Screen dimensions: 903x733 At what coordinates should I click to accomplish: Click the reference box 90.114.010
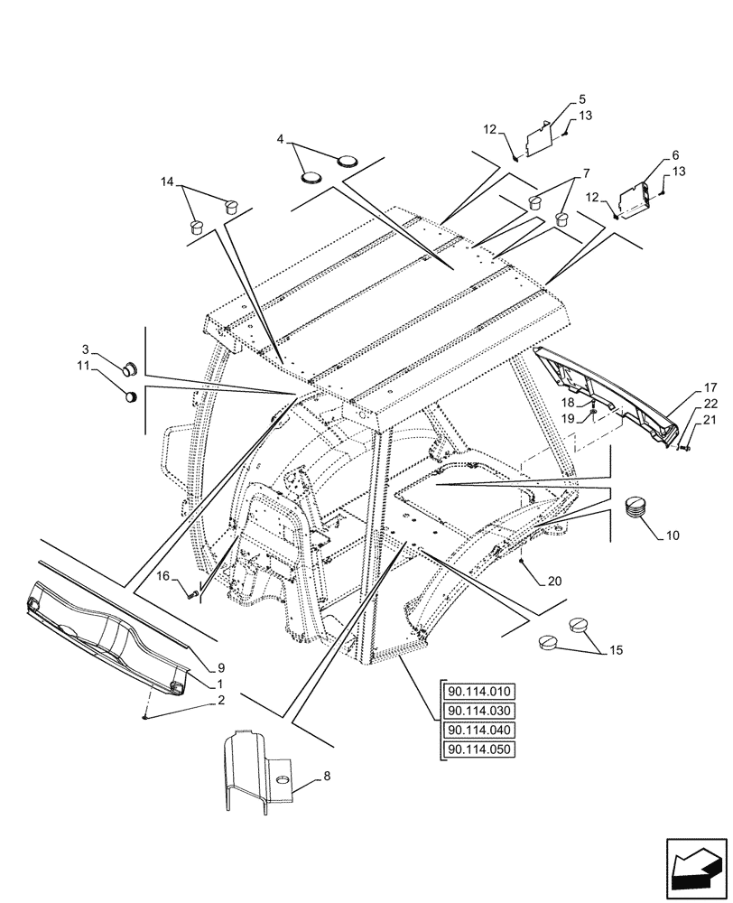478,693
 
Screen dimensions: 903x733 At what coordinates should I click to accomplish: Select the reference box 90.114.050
478,750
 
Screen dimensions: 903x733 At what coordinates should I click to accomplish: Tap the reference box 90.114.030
478,712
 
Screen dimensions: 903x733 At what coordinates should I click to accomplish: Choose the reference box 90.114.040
478,731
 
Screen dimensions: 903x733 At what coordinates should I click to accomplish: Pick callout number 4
281,140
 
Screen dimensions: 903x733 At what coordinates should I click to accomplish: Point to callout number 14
166,182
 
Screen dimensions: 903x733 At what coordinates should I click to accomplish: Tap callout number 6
676,154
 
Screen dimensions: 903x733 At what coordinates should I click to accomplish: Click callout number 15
617,649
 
